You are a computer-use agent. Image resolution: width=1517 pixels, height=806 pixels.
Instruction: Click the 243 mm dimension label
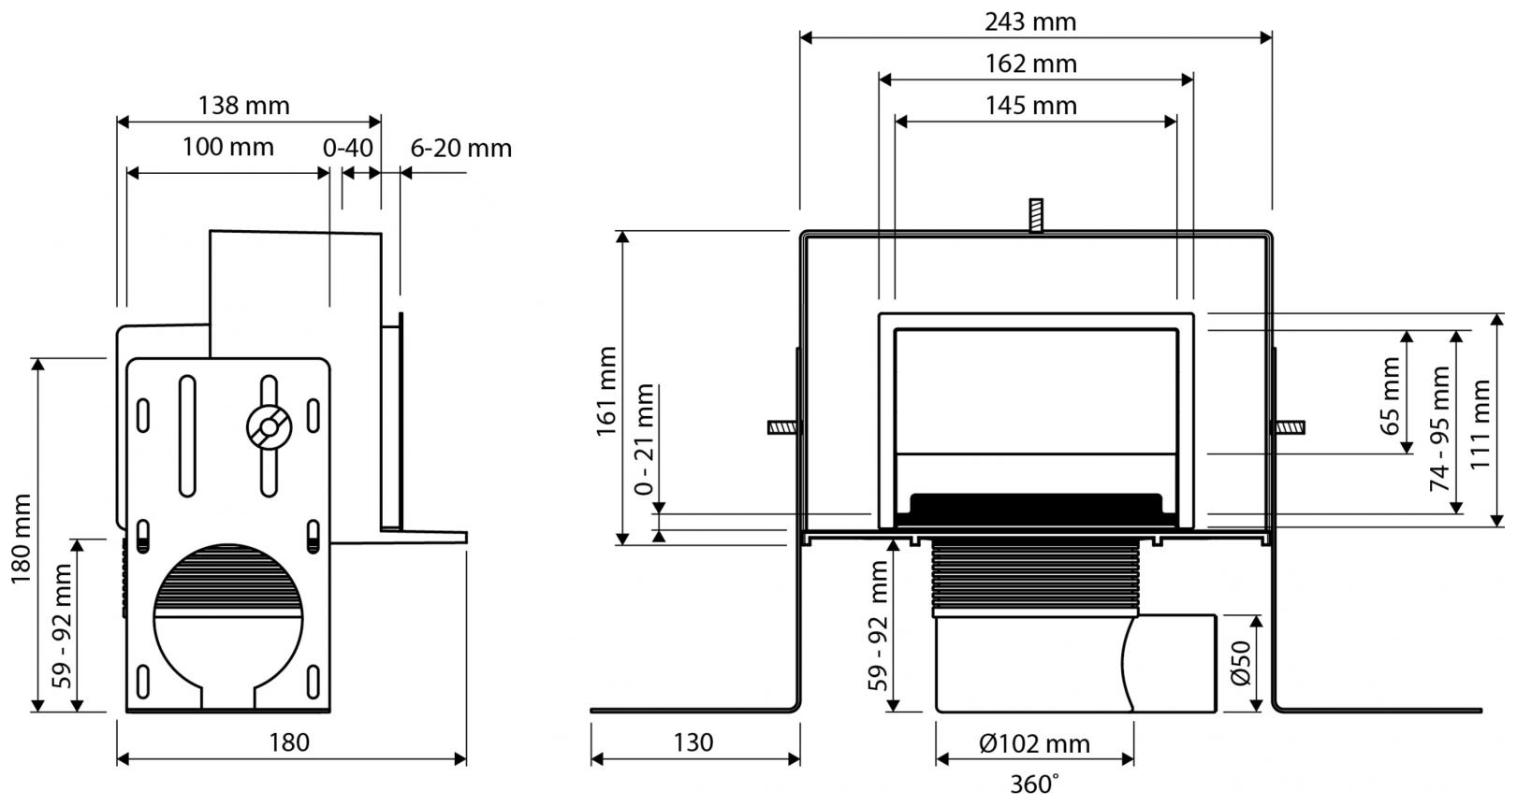click(x=1030, y=21)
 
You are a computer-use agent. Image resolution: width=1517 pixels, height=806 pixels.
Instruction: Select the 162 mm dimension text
click(x=1030, y=64)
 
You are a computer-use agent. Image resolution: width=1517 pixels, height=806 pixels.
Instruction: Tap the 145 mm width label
click(x=1030, y=106)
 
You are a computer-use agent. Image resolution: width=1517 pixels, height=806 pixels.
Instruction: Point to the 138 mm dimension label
click(x=243, y=106)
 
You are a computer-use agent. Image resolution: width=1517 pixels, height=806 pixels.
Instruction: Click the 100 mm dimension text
click(x=227, y=147)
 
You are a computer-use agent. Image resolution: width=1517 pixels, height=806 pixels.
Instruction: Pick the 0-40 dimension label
click(x=348, y=148)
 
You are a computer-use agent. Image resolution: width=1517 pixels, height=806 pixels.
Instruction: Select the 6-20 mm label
click(x=460, y=148)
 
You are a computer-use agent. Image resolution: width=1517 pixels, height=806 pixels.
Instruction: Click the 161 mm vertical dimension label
click(x=606, y=391)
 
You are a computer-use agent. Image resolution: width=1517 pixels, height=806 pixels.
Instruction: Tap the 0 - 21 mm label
click(x=645, y=439)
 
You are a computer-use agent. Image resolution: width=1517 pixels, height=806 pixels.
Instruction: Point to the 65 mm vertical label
click(x=1391, y=395)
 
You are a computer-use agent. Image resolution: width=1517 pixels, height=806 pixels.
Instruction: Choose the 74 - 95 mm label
click(x=1438, y=428)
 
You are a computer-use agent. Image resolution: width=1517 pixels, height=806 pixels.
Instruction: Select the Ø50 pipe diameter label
click(x=1241, y=662)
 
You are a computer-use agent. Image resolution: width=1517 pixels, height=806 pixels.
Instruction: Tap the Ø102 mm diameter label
click(x=1035, y=744)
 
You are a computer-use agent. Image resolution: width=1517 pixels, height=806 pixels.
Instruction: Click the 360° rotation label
click(x=1035, y=784)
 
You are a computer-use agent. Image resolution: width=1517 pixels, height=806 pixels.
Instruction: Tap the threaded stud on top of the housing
click(x=1035, y=215)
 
